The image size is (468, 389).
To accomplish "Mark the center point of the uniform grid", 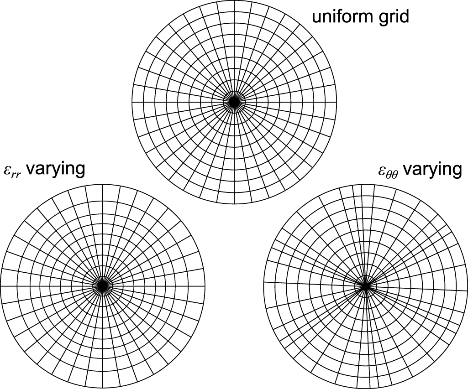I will (x=234, y=103).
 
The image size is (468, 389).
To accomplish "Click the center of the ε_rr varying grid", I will (x=102, y=285).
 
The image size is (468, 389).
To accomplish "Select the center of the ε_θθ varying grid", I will (x=365, y=286).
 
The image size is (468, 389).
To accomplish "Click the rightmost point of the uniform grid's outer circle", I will (x=337, y=103).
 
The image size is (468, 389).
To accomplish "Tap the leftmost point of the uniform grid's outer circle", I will (x=132, y=103).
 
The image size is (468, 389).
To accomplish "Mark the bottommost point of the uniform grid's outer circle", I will (x=234, y=205).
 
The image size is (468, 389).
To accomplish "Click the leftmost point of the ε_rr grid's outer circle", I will (x=0, y=285).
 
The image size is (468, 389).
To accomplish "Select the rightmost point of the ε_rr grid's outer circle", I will (x=205, y=285).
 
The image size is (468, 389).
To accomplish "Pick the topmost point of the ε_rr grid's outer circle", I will (x=102, y=184).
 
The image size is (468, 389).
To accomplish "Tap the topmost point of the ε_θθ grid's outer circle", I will (x=365, y=184).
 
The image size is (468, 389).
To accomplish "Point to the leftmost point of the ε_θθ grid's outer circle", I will (x=263, y=286).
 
